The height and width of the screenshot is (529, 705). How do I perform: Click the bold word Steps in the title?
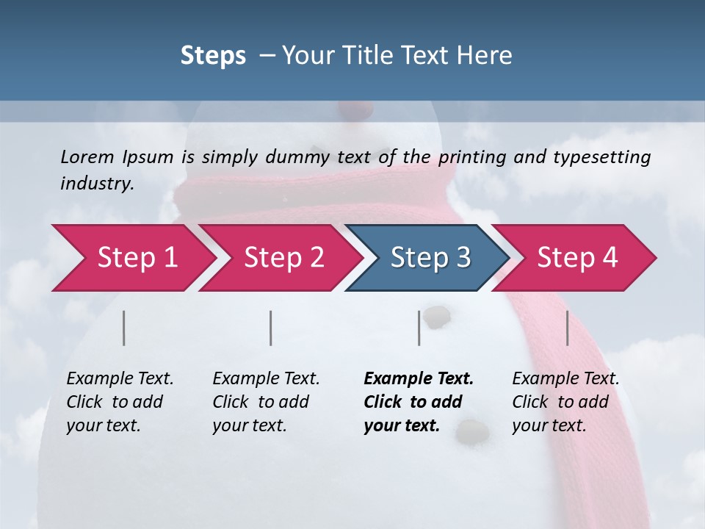213,56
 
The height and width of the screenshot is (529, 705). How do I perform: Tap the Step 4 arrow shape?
577,257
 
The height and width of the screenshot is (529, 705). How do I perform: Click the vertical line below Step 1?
124,328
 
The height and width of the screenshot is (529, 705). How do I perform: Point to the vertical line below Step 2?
271,328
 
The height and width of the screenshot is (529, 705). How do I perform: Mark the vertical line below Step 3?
419,328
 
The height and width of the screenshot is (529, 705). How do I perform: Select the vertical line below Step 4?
568,328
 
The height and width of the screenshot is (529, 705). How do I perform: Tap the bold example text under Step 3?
418,402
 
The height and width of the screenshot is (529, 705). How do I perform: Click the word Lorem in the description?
87,156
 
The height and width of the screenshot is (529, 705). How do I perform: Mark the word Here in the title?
486,56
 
